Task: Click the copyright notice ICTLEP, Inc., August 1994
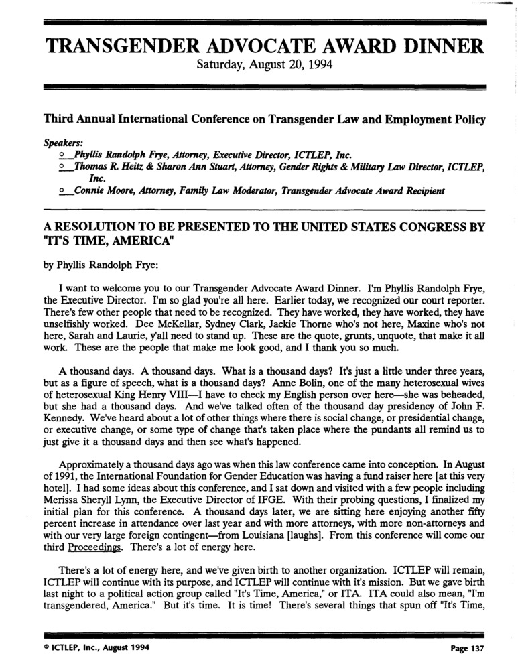point(93,648)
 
